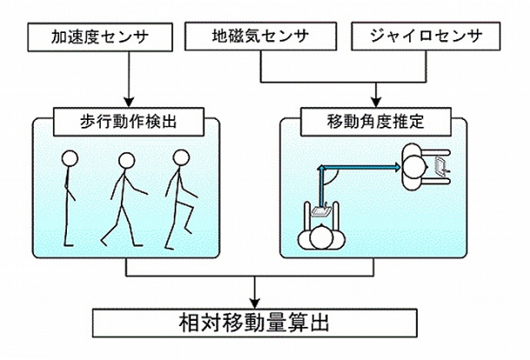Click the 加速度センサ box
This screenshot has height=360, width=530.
100,37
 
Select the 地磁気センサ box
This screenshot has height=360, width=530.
261,37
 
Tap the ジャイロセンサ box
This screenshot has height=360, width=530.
426,37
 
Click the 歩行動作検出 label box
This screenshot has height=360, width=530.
129,122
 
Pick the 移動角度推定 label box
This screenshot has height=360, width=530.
376,122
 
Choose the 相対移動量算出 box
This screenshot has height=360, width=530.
255,323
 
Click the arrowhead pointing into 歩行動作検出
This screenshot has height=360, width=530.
129,103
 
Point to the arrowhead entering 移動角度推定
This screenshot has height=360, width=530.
376,103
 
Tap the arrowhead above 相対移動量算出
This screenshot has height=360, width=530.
255,303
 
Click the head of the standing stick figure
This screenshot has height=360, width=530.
70,158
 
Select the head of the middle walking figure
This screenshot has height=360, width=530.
127,161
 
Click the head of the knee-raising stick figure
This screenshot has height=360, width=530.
182,157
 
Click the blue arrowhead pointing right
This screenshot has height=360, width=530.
397,167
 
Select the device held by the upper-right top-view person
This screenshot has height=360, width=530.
441,166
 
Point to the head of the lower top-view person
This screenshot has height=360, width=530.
321,237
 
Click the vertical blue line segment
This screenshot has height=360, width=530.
321,187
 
